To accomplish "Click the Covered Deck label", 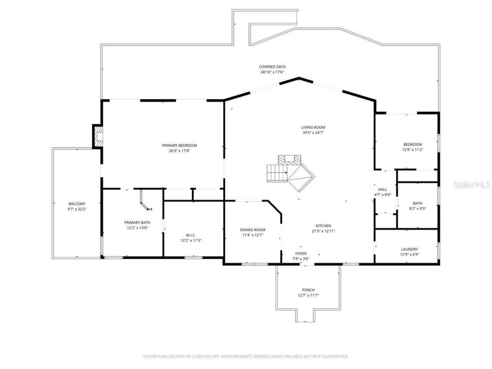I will [x=272, y=67].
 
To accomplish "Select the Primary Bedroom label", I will [x=179, y=145].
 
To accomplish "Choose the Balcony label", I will [x=77, y=204].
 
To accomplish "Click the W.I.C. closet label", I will [x=191, y=235].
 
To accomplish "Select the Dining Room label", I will [x=253, y=230].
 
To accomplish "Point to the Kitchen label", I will [x=323, y=226].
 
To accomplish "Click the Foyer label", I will [x=301, y=254].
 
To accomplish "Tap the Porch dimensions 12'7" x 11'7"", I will [x=308, y=295].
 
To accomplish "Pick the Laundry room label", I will [x=409, y=249].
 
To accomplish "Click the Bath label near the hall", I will [x=417, y=203].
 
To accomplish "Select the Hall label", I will [x=382, y=189].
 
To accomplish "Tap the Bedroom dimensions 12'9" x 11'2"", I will [x=413, y=150].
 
